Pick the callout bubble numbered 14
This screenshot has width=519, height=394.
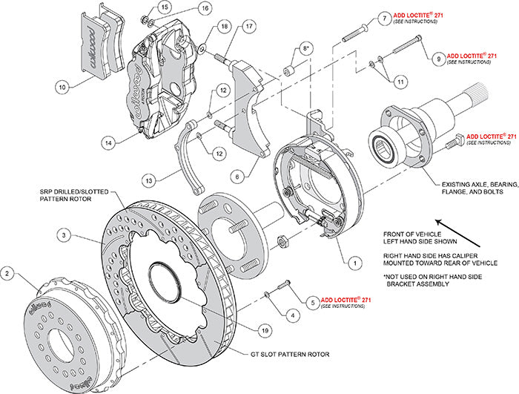[x=109, y=141]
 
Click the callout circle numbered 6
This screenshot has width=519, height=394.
[x=235, y=176]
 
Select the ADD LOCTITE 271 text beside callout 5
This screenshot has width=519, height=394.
[x=343, y=300]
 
